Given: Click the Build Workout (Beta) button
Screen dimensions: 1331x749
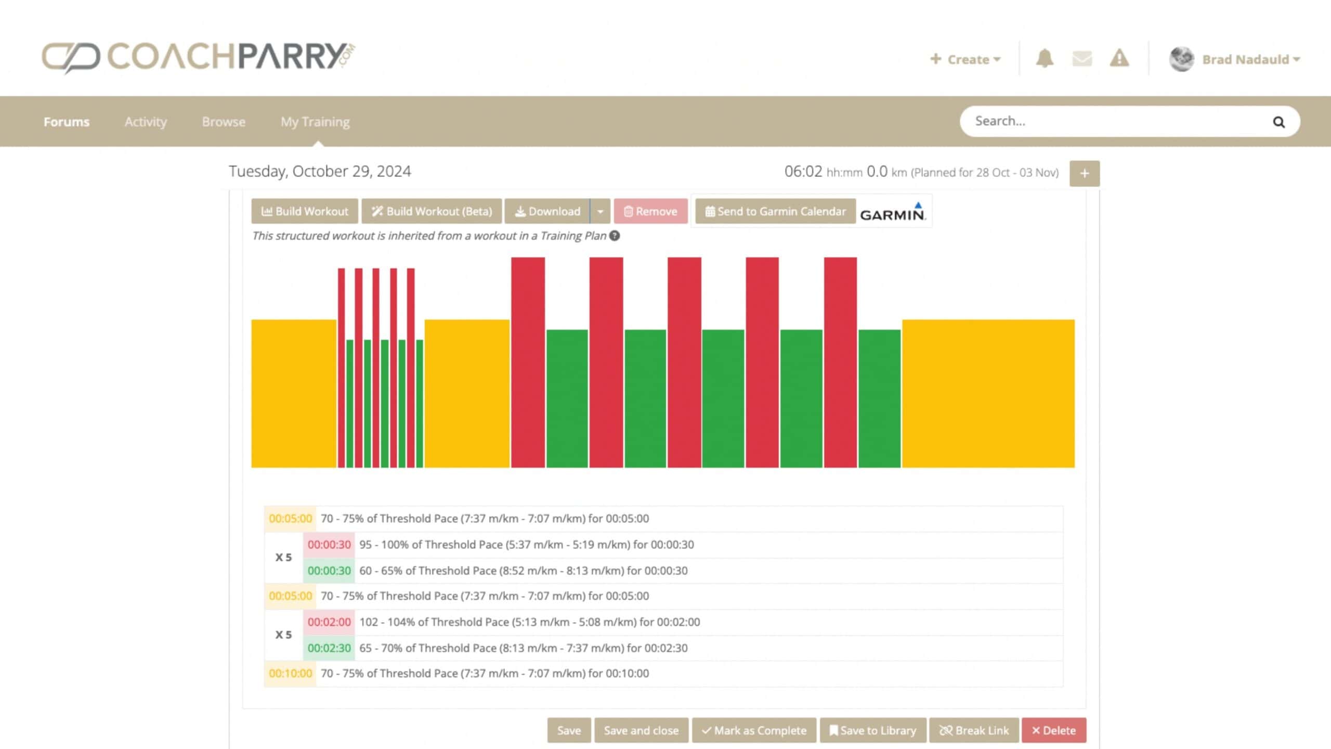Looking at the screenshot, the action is pos(432,211).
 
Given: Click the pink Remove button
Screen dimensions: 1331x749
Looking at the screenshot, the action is pos(650,211).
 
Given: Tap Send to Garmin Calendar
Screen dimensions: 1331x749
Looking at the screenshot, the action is pos(775,211).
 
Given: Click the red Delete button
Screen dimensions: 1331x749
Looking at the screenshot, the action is pos(1054,730).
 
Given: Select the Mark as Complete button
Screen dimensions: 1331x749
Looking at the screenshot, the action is pos(754,730).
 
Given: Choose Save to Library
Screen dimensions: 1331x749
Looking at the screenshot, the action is pos(873,730).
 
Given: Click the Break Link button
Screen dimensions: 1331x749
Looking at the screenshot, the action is pos(974,730).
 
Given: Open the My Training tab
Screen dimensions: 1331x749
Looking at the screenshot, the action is pos(315,122).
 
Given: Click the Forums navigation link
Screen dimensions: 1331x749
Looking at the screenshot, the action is pos(67,122).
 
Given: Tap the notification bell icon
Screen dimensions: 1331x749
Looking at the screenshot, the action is pos(1045,58).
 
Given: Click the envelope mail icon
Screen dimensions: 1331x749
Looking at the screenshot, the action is pos(1082,58).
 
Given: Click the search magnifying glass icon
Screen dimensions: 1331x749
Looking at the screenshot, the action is pos(1278,122).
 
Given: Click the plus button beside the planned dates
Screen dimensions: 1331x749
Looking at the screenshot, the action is pos(1085,173).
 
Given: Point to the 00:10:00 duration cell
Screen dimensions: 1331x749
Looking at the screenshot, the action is pos(290,674).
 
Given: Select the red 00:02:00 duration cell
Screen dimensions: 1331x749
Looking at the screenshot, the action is pos(329,622).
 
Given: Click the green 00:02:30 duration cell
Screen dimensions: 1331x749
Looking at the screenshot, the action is pos(329,648).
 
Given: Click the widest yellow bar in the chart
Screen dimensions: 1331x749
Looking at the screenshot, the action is pos(988,393).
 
